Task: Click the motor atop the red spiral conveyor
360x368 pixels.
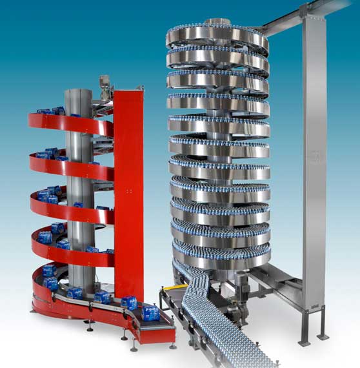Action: (x=105, y=83)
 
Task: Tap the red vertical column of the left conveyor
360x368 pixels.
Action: (x=128, y=194)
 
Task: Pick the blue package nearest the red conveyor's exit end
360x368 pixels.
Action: (x=129, y=302)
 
